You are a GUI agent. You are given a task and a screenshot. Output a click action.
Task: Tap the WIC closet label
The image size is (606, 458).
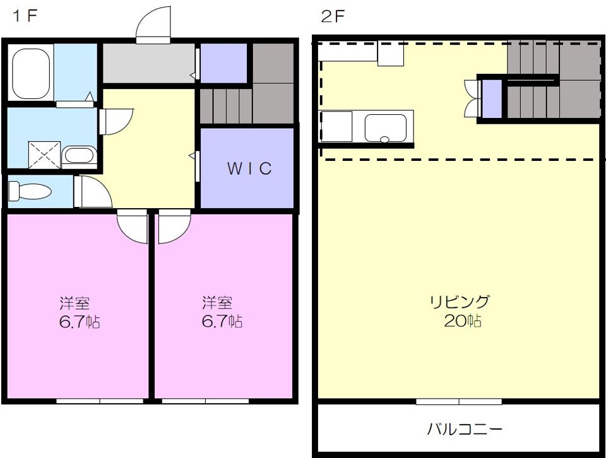tap(249, 168)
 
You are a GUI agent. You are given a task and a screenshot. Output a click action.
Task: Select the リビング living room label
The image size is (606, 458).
tap(460, 302)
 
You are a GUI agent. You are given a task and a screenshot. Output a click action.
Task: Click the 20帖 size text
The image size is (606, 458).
tap(463, 321)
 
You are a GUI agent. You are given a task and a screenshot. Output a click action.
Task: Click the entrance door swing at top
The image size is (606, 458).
tap(153, 25)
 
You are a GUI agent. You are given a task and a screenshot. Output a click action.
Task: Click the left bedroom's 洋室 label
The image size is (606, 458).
tap(74, 302)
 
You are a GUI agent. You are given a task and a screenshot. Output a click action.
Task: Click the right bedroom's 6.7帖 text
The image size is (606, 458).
tap(222, 321)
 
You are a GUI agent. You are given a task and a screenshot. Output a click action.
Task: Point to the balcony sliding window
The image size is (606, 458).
tap(459, 401)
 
